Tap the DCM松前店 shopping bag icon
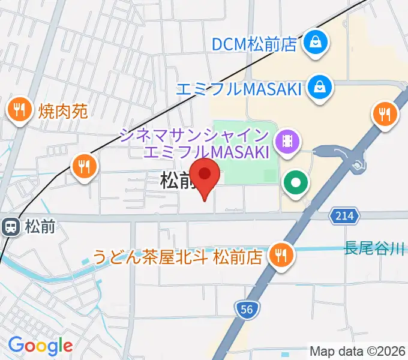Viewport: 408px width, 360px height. [314, 43]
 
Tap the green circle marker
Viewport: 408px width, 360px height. [296, 182]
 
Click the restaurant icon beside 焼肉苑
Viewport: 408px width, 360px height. [19, 110]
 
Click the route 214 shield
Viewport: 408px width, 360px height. [344, 215]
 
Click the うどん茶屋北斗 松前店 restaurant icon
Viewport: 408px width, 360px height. [280, 255]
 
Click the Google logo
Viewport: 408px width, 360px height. [40, 345]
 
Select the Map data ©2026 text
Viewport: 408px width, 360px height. [358, 351]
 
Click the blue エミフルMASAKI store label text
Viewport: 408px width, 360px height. [238, 89]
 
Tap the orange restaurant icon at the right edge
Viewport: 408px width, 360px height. [385, 113]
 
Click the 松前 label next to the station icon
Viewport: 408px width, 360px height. [40, 227]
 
